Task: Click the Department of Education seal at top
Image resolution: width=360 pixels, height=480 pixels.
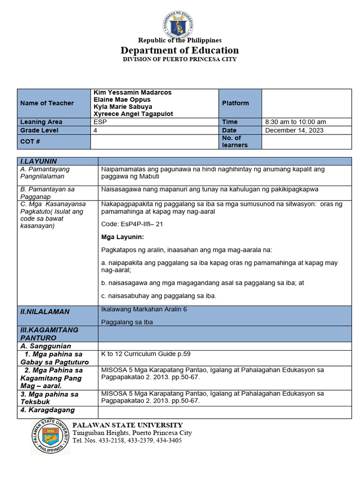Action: coord(179,23)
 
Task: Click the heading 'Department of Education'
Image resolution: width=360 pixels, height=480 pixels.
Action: coord(180,50)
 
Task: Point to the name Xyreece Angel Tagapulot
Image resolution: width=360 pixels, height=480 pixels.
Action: coord(133,114)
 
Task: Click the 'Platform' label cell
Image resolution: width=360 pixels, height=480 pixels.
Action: coord(235,103)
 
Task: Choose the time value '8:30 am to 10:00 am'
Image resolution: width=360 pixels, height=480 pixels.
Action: coord(296,122)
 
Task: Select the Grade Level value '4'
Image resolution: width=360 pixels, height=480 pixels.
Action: coord(96,130)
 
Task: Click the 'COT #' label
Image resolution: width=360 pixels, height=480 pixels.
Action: coord(30,141)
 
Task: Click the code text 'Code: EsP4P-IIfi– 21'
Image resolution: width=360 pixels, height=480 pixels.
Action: coord(132,224)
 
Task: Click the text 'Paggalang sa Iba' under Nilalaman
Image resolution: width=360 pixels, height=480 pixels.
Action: coord(127,322)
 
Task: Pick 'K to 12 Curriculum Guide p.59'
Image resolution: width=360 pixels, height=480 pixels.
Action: coord(146,354)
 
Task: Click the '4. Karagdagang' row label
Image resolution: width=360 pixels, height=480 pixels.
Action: coord(47,410)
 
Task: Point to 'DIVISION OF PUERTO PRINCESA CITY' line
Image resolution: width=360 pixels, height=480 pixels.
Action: coord(180,60)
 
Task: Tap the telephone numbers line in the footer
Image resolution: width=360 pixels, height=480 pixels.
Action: coord(127,441)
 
